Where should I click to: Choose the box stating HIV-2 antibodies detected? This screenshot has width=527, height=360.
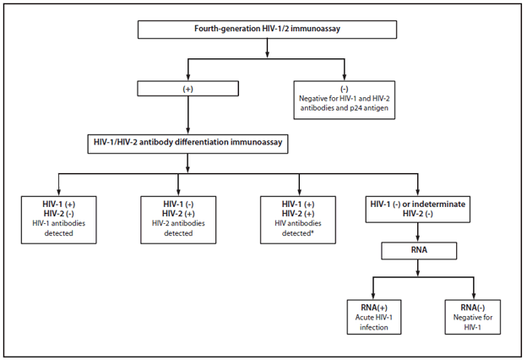(178, 218)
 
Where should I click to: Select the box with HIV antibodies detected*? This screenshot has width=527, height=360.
(301, 218)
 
